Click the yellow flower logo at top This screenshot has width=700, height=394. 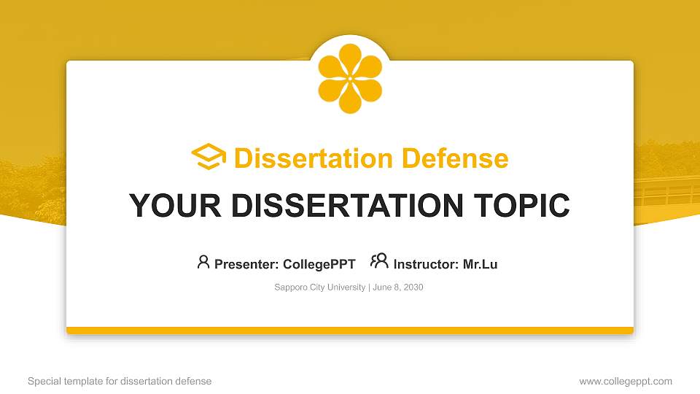(350, 78)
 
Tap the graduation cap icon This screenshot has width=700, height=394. (209, 158)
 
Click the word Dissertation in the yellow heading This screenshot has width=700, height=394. (304, 158)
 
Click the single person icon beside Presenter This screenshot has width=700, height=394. (203, 262)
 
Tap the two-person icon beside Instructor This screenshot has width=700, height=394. (379, 261)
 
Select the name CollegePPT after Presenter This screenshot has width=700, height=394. (319, 264)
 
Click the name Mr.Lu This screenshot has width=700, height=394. (480, 264)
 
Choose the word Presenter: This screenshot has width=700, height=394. (246, 264)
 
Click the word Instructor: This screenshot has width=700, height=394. (427, 264)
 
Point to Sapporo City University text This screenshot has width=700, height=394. (319, 287)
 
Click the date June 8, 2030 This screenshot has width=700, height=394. (398, 287)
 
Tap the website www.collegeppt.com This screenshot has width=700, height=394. (626, 382)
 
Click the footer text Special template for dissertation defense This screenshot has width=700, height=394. (120, 382)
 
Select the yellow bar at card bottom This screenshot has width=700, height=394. (350, 331)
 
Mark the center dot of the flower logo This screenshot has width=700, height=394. (350, 78)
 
